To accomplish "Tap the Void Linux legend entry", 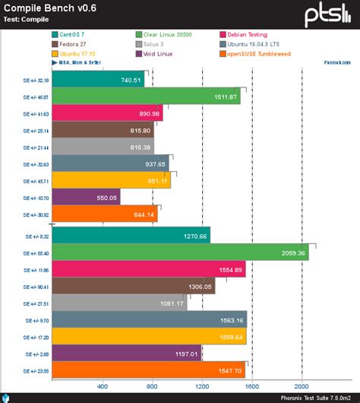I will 162,53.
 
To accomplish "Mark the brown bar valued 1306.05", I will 133,287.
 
